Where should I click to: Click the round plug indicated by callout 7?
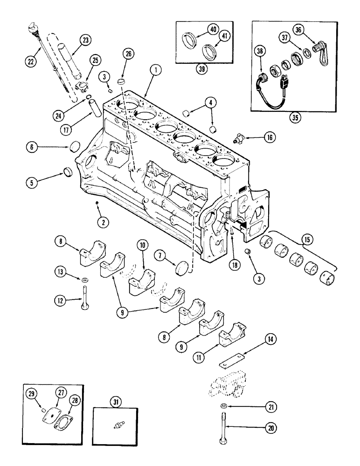point(181,269)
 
